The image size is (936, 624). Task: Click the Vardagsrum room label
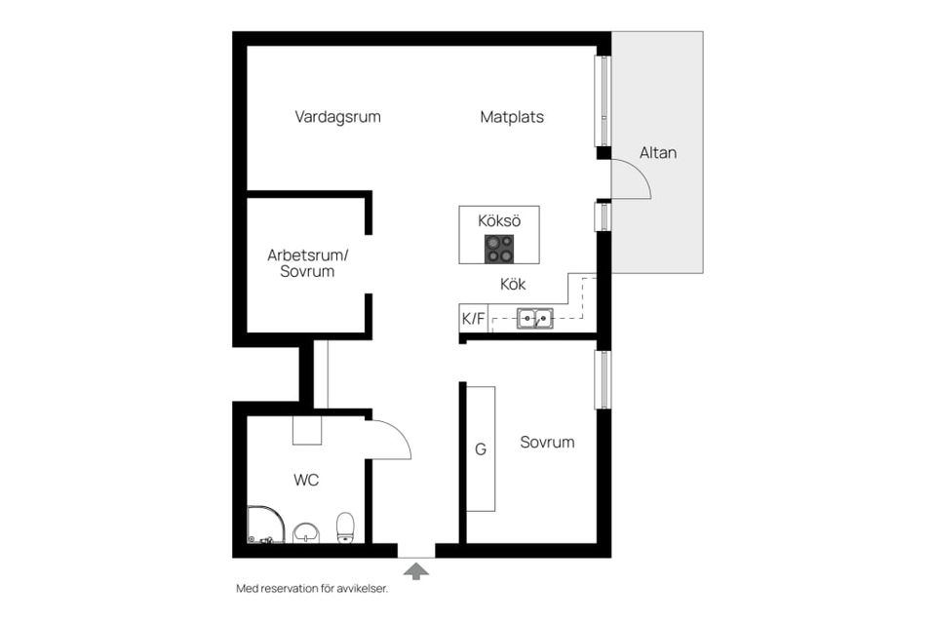coord(337,116)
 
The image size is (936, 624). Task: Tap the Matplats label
coord(512,116)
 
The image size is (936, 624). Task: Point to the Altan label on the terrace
coord(658,152)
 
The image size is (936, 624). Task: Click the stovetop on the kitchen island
coord(499,249)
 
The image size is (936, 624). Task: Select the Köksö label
coord(499,220)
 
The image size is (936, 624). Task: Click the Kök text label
coord(513,284)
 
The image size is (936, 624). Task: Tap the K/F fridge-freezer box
coord(474,318)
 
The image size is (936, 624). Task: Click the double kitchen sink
coord(535,318)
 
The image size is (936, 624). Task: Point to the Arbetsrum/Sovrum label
coord(307,262)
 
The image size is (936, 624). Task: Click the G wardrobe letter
coord(480,449)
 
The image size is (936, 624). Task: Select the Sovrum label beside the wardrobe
coord(547,442)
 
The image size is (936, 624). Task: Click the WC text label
coord(305,480)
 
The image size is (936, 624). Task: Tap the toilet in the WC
coord(345,527)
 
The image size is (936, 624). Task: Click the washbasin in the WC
coord(306,532)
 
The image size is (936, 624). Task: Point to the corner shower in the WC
coord(265,525)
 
